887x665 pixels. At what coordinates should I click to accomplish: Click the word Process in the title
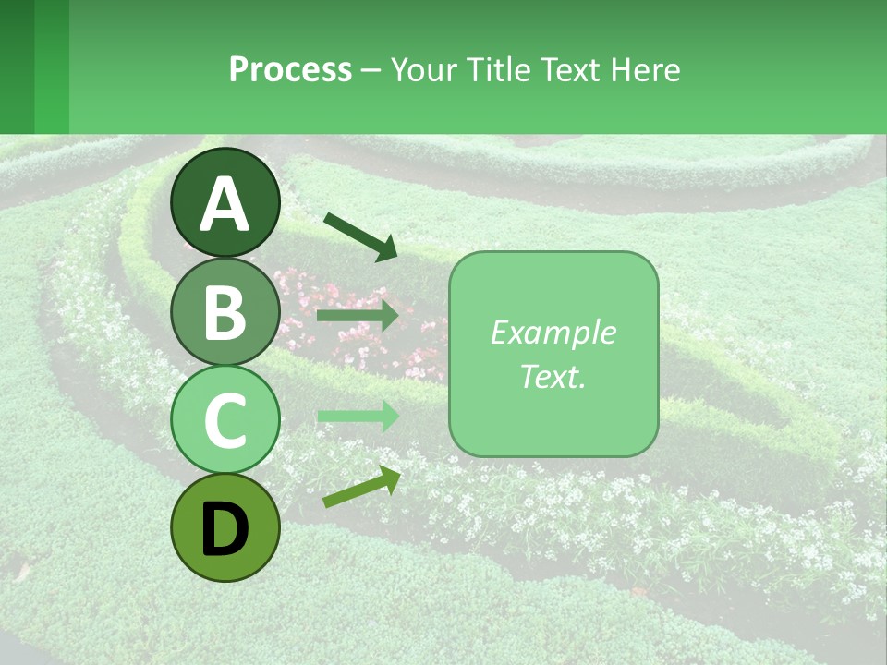point(290,70)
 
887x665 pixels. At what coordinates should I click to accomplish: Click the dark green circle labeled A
point(225,202)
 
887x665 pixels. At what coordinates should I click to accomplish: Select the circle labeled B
point(225,311)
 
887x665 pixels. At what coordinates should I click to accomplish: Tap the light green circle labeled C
point(225,419)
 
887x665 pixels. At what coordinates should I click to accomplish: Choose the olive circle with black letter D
point(225,527)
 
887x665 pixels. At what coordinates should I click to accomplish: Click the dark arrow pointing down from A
point(360,236)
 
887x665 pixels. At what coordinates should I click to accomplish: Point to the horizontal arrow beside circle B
point(358,316)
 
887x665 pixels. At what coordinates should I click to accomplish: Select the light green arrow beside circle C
point(358,416)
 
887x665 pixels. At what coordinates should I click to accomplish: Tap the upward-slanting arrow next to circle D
point(361,487)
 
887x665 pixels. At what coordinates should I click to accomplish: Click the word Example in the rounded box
point(553,332)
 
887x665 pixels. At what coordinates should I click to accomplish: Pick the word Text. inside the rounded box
point(553,376)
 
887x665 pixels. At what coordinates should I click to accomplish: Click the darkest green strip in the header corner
point(17,66)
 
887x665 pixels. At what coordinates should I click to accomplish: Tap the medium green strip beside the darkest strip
point(52,66)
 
